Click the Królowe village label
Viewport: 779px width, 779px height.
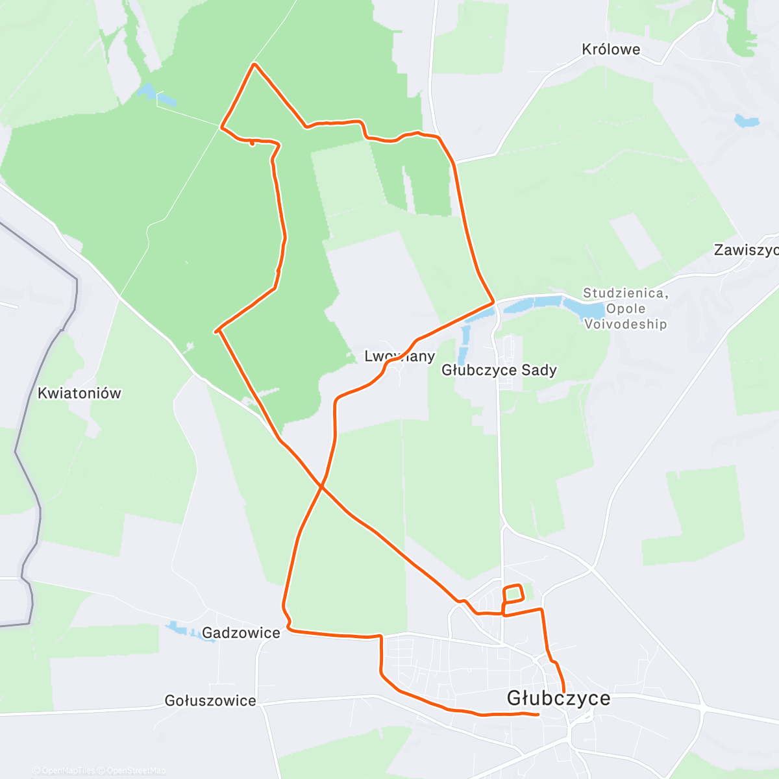pos(611,49)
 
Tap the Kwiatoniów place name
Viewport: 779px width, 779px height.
pos(79,393)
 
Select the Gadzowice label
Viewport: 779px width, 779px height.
pos(241,633)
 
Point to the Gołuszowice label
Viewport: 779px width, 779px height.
pos(210,701)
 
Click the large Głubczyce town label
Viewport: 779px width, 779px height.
pos(558,699)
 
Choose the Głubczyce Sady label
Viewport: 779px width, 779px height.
pos(499,370)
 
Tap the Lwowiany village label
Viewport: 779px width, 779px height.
pos(399,356)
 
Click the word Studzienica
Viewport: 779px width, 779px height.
pos(625,293)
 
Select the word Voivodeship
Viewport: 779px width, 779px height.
pos(625,324)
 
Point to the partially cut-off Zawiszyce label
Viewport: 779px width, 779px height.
pos(745,250)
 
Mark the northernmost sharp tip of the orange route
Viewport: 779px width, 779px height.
pos(254,64)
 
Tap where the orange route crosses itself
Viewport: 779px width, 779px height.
pos(321,486)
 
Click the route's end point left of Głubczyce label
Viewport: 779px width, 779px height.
pos(538,714)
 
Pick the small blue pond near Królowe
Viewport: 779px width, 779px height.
pos(747,121)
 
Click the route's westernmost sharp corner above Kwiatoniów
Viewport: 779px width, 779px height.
pos(217,332)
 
